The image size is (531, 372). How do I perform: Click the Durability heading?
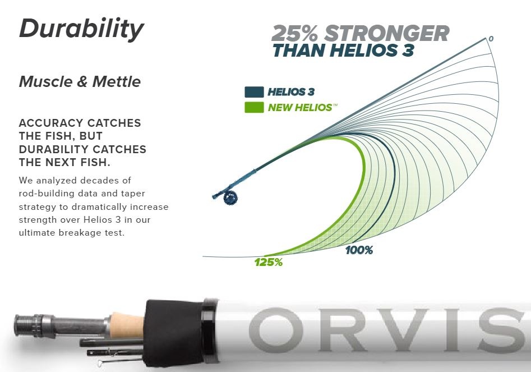(82, 30)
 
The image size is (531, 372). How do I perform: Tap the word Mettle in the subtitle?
(117, 82)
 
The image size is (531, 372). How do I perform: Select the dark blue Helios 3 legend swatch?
(254, 92)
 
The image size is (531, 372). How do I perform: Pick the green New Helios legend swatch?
(254, 107)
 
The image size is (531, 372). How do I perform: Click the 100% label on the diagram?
(359, 250)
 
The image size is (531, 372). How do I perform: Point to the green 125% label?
(269, 262)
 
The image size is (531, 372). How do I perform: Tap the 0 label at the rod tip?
(491, 39)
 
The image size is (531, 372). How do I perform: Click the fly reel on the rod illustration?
(230, 198)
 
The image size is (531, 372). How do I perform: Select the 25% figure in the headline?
(294, 34)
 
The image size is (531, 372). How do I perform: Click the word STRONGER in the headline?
(387, 34)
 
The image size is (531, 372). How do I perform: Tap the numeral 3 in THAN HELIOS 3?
(408, 50)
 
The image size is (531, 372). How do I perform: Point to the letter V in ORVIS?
(409, 330)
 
